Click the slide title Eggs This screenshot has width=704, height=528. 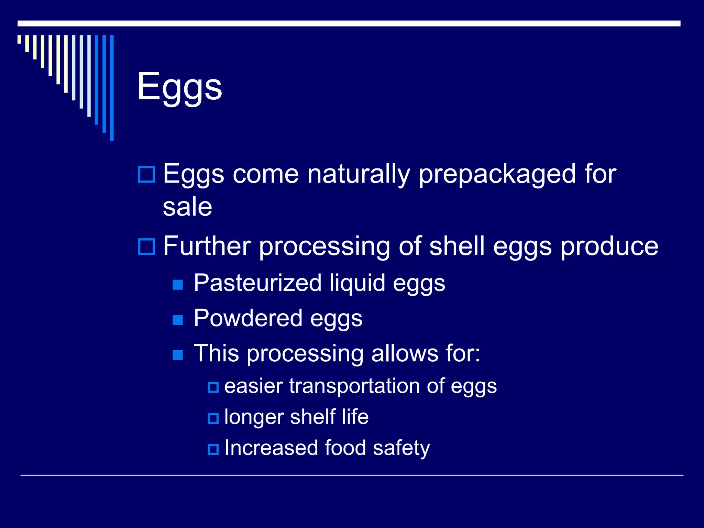[x=179, y=87]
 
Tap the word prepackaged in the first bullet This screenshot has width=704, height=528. [x=497, y=175]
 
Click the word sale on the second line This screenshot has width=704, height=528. [x=187, y=207]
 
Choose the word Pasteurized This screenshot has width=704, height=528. [x=257, y=283]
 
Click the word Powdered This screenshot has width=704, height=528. [x=247, y=318]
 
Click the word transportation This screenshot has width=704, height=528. [x=354, y=386]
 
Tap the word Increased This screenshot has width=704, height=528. [x=271, y=448]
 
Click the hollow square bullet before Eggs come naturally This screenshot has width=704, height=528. [x=146, y=174]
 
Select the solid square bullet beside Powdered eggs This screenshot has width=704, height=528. [x=178, y=320]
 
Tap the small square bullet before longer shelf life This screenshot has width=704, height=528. [x=213, y=418]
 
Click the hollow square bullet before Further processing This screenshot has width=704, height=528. [x=146, y=246]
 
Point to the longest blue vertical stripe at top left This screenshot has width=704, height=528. [x=112, y=88]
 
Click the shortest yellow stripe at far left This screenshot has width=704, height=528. [x=19, y=39]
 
